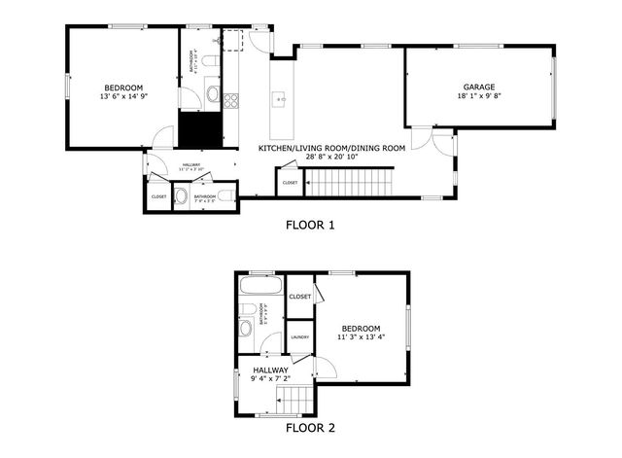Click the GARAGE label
point(478,88)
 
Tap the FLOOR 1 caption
point(310,225)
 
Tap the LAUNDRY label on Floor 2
point(300,337)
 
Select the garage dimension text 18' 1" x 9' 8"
point(478,96)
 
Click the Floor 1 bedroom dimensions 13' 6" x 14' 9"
point(121,96)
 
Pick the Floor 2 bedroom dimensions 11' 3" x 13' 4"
point(361,336)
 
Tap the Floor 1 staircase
point(351,181)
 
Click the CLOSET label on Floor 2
point(300,296)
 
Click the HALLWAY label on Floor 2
point(271,370)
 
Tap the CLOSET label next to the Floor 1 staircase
point(291,182)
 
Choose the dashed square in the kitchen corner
point(232,40)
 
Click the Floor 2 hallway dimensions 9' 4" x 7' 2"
point(271,379)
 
